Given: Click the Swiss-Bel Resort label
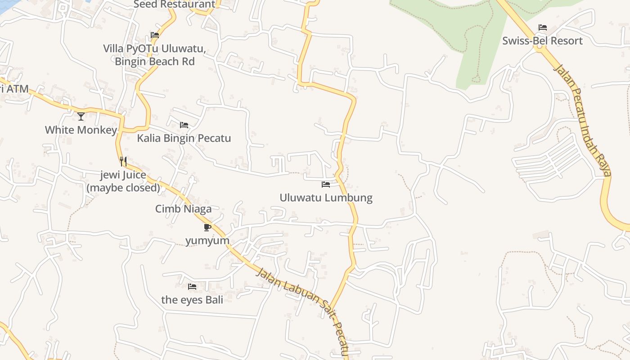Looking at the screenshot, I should pos(542,41).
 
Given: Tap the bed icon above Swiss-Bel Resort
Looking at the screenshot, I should pos(542,27).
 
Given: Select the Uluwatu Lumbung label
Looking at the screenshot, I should pos(326,198).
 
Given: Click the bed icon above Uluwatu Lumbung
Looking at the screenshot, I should pos(326,184).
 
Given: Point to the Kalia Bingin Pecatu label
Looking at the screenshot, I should pos(184,138).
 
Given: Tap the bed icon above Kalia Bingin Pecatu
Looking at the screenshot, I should pos(184,125).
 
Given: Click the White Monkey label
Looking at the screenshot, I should pos(81,130).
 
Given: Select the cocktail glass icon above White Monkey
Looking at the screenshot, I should pos(81,117).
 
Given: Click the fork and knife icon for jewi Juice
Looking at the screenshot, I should pos(123,162).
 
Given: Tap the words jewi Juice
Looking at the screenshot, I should pos(123,175).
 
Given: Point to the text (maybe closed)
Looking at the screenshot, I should pos(123,188).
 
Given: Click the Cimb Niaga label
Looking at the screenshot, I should pos(183,209).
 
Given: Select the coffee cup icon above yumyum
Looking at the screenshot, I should pos(207,227).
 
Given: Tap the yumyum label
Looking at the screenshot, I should pos(207,241).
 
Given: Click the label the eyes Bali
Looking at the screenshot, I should pos(192,300).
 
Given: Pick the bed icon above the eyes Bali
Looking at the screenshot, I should pos(192,286).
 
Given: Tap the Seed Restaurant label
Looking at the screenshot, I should pos(175,4).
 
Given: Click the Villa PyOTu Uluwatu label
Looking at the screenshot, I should pos(154,49).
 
